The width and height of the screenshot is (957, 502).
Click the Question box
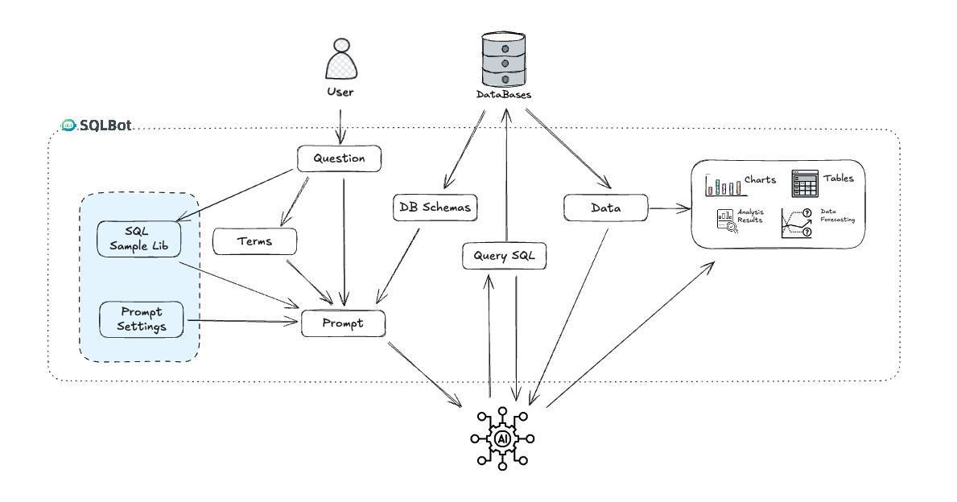(338, 158)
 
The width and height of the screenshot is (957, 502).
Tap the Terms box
(255, 241)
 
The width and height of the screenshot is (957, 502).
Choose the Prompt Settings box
(140, 319)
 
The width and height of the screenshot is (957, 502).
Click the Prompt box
(343, 323)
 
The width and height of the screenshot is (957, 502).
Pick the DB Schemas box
(435, 207)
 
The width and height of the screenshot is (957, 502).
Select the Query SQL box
(505, 257)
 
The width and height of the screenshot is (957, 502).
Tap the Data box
(605, 208)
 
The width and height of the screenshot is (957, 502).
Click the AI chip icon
(502, 438)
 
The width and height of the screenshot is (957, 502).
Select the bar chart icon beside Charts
(722, 185)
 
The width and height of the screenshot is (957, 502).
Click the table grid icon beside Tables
(805, 184)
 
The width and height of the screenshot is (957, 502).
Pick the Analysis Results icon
(725, 220)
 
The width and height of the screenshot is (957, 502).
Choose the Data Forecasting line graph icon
(795, 222)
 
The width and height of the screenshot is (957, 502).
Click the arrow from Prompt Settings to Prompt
(241, 322)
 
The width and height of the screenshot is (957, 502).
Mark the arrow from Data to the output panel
(670, 209)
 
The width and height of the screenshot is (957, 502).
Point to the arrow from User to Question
(340, 126)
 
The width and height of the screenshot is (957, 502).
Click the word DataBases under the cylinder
(504, 95)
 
